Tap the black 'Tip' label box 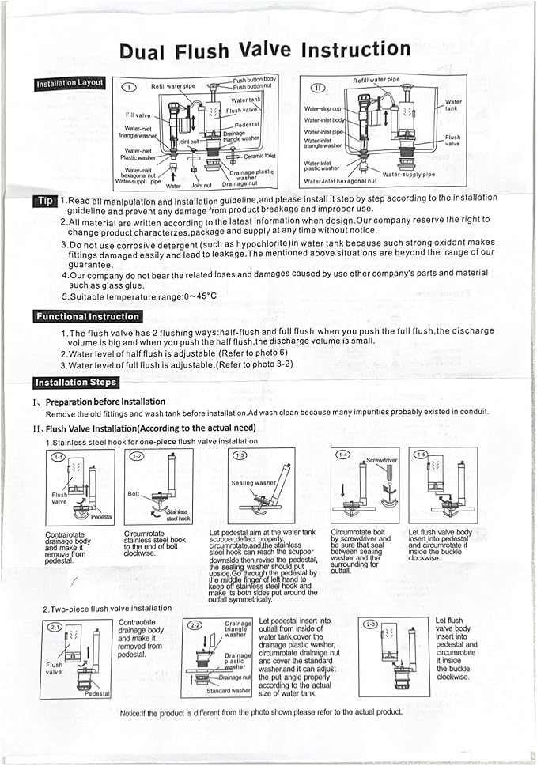(43, 201)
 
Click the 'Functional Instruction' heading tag (88, 316)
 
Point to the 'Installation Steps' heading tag (76, 383)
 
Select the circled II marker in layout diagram (318, 88)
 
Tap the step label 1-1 (59, 457)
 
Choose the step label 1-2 (137, 456)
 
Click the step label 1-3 (240, 455)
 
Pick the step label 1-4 (342, 455)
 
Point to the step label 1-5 (421, 455)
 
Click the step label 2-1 (55, 627)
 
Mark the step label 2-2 (195, 624)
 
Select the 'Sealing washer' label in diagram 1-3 (253, 482)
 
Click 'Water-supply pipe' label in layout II (408, 174)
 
